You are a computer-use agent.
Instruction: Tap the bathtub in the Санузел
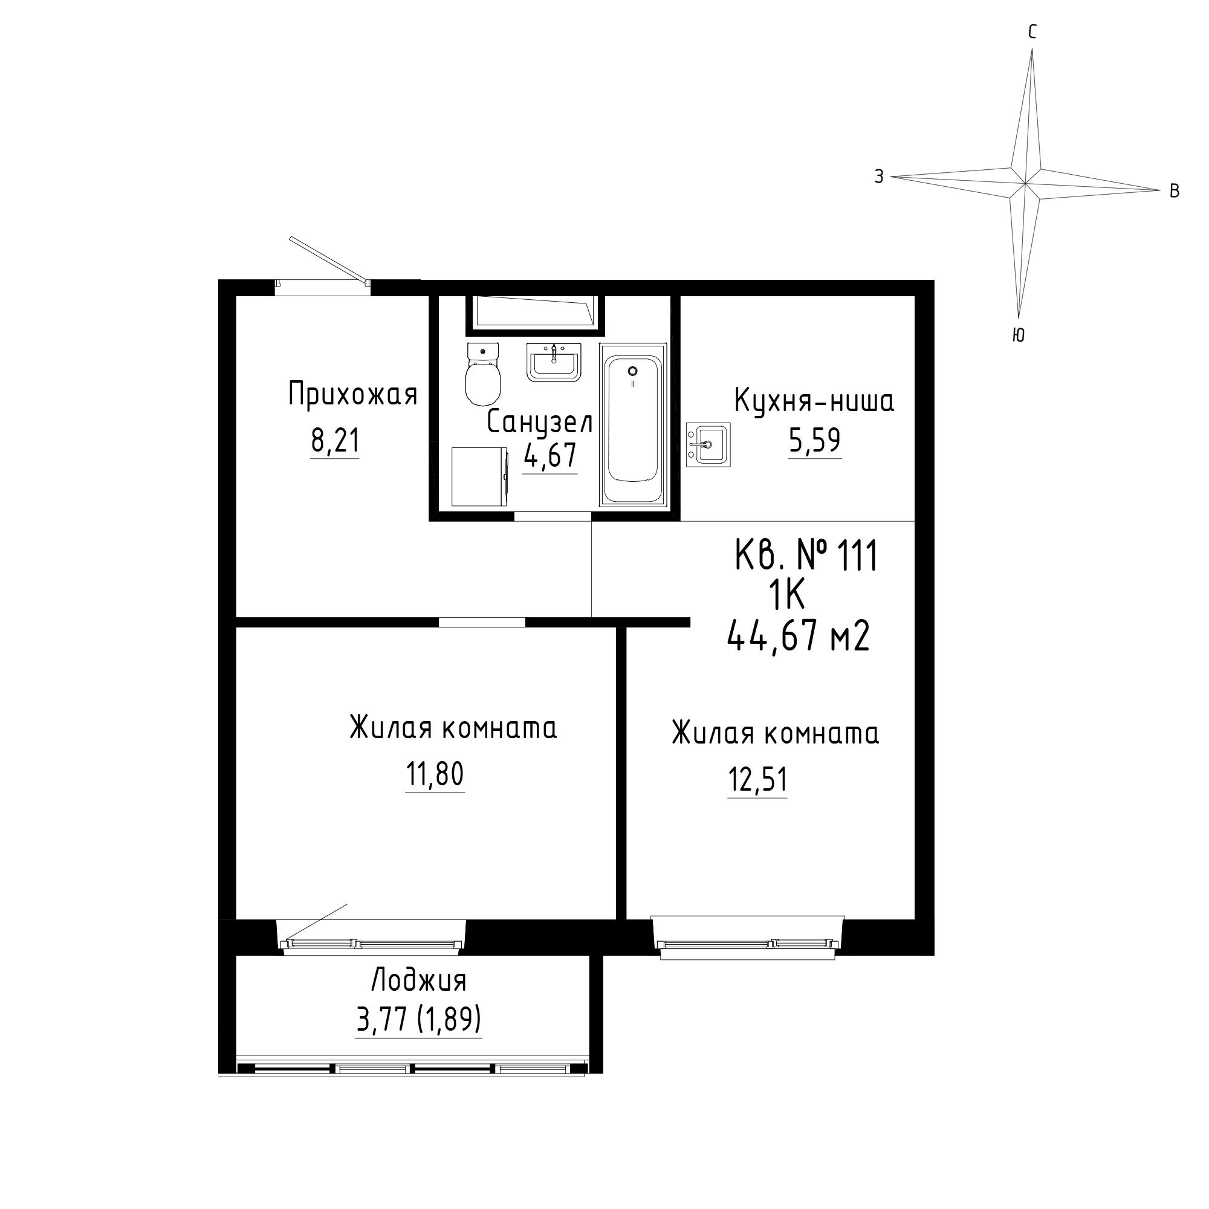633,424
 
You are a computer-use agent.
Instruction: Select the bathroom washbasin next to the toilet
554,362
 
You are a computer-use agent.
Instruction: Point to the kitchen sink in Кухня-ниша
708,445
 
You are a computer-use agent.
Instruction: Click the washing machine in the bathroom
479,476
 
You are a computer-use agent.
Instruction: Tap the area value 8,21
335,441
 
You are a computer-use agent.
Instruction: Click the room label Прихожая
353,395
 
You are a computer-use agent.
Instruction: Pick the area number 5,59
814,440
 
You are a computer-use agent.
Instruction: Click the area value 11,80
435,774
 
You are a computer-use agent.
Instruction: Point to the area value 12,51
757,780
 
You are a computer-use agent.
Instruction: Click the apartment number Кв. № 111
806,556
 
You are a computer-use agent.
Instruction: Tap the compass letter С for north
1032,32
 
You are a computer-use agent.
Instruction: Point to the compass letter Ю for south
1018,335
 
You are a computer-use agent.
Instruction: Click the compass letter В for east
1175,191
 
